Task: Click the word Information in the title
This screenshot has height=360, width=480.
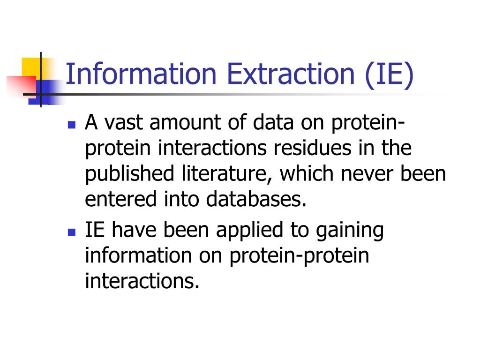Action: pyautogui.click(x=141, y=74)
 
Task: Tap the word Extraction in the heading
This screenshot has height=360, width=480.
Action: pyautogui.click(x=291, y=74)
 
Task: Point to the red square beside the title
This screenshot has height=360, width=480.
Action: pyautogui.click(x=21, y=87)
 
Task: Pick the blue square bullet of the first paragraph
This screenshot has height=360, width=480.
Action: pyautogui.click(x=72, y=125)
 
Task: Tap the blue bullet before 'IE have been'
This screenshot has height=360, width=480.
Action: pyautogui.click(x=72, y=232)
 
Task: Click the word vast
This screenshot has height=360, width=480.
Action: pyautogui.click(x=124, y=122)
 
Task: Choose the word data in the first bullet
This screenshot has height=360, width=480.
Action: pyautogui.click(x=273, y=122)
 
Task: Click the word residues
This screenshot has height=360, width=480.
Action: pyautogui.click(x=312, y=148)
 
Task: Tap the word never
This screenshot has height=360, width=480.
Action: pyautogui.click(x=367, y=174)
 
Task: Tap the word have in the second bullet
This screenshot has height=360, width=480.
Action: pyautogui.click(x=134, y=230)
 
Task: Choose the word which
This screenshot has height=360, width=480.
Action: pyautogui.click(x=306, y=173)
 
